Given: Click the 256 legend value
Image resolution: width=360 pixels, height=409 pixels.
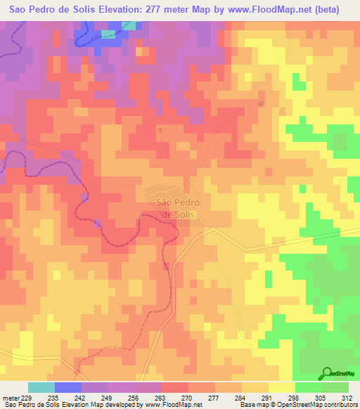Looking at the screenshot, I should pyautogui.click(x=135, y=397).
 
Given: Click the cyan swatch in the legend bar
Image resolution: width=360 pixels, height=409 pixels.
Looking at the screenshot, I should pyautogui.click(x=41, y=387).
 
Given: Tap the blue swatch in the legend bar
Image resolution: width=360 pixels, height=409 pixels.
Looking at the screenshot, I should pyautogui.click(x=68, y=387).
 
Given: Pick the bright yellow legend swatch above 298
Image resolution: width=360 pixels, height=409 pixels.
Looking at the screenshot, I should pyautogui.click(x=281, y=387).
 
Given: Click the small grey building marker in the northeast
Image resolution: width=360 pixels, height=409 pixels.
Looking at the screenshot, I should pyautogui.click(x=262, y=104).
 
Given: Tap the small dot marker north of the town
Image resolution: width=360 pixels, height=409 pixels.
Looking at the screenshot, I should pyautogui.click(x=161, y=130).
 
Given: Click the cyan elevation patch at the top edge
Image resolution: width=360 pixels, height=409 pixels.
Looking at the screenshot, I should pyautogui.click(x=129, y=26).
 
